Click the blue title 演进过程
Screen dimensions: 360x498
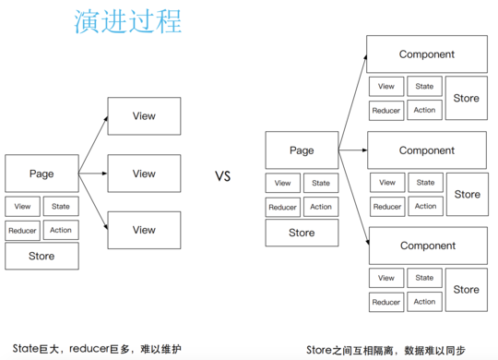(x=128, y=22)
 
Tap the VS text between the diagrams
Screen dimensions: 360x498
(x=222, y=176)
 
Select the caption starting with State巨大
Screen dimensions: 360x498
(x=92, y=349)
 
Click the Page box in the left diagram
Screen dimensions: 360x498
(x=41, y=174)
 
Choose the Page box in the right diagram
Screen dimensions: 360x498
(x=302, y=150)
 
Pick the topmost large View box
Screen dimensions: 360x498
(x=144, y=116)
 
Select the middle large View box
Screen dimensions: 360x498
(x=144, y=174)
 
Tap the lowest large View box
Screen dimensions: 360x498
(x=144, y=230)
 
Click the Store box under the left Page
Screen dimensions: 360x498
(x=41, y=256)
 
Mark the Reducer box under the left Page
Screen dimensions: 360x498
(x=23, y=231)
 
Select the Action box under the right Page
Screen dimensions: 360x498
(x=320, y=207)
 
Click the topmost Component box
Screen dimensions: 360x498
(x=426, y=54)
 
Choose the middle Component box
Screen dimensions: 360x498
(x=426, y=150)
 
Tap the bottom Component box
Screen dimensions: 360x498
(x=426, y=246)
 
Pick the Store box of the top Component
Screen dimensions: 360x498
(x=467, y=99)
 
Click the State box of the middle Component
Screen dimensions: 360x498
(x=424, y=183)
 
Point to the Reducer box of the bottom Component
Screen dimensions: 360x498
(x=386, y=302)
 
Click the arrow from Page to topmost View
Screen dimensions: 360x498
(x=93, y=144)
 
